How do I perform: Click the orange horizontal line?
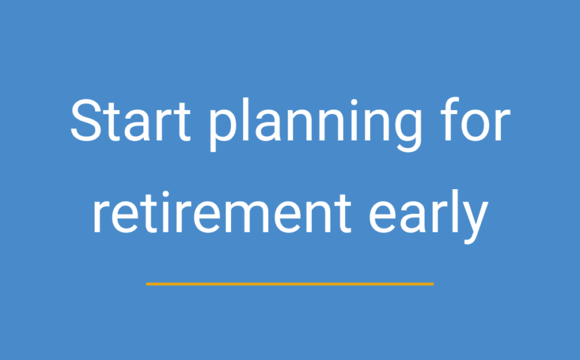[x=290, y=284]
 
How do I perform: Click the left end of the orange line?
[x=148, y=284]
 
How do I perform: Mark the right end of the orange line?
[x=432, y=284]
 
